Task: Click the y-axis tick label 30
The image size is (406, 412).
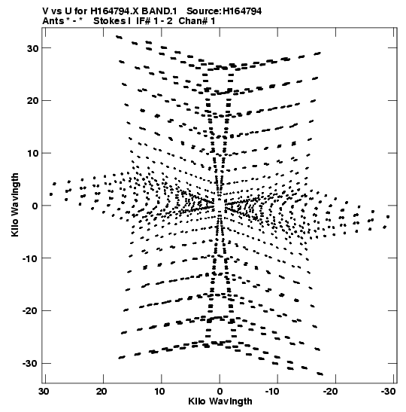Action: (32, 48)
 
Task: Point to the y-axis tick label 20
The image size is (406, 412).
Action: (32, 101)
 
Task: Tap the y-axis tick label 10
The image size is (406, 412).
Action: (32, 153)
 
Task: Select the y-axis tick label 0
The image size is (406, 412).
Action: (35, 206)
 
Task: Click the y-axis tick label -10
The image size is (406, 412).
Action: (30, 258)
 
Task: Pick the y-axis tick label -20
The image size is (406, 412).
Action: (30, 311)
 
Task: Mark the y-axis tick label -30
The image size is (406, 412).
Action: (30, 363)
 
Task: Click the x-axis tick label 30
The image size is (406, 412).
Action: (44, 392)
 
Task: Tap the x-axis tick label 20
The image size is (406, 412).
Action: (101, 392)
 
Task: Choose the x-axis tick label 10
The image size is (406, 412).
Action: (159, 392)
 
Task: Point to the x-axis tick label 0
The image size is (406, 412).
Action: (220, 392)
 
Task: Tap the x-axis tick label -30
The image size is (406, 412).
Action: (388, 392)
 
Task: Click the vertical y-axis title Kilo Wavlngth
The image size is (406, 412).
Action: (15, 205)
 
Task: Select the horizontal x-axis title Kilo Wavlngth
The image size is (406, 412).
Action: (220, 401)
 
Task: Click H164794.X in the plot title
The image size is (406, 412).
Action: (117, 11)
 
